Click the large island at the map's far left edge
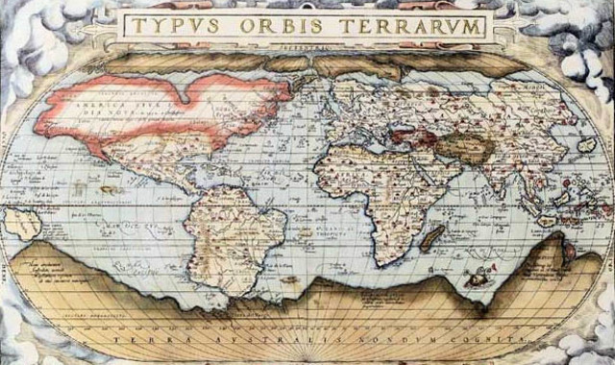click(x=21, y=223)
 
